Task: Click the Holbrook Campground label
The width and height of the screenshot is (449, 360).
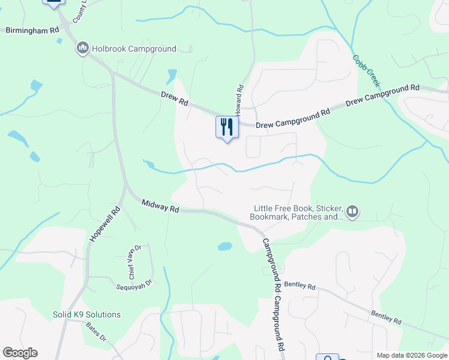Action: pos(134,49)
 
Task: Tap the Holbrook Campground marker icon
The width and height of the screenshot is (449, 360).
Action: pos(83,48)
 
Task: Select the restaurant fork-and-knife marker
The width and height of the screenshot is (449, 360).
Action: pos(227,127)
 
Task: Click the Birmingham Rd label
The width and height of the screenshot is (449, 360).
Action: pos(32,29)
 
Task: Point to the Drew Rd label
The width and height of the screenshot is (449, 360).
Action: pos(175,99)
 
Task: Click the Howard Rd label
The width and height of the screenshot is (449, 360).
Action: pos(239,99)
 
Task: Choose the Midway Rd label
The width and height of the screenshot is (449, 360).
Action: pos(161,207)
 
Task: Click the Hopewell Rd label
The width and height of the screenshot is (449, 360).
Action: pos(105,224)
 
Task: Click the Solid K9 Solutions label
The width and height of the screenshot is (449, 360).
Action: pos(86,314)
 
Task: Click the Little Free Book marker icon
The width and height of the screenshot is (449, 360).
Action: pos(352,211)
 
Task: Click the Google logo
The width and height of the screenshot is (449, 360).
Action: pos(20,353)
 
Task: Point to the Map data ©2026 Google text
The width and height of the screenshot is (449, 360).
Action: pos(411,355)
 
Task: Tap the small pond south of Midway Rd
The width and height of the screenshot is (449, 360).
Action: pos(224,246)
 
